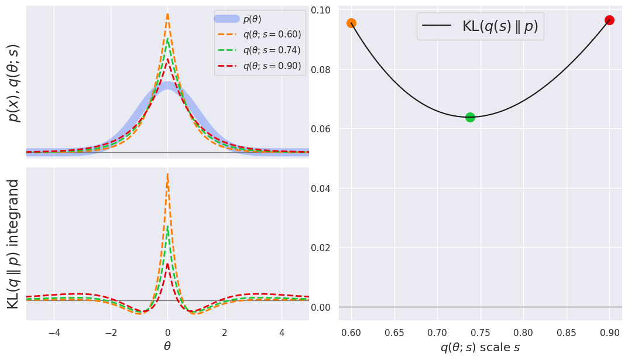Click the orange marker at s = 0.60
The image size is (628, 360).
click(x=351, y=23)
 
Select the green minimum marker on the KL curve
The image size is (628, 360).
click(x=470, y=117)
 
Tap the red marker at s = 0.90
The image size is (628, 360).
click(x=609, y=20)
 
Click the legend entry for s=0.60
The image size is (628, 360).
click(x=272, y=35)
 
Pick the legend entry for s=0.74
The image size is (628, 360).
click(x=272, y=50)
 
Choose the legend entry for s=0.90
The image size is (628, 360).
click(x=272, y=66)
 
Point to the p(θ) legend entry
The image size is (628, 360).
click(x=252, y=19)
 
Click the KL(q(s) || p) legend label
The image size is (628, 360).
click(x=500, y=26)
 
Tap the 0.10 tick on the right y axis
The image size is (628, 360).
click(x=321, y=10)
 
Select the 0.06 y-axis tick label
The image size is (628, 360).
click(x=321, y=129)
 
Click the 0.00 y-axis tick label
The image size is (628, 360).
click(x=321, y=307)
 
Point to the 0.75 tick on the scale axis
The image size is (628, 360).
click(x=437, y=332)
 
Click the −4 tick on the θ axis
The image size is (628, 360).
click(x=54, y=332)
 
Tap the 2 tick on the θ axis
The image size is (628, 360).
click(x=224, y=332)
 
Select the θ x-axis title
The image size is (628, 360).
click(x=167, y=346)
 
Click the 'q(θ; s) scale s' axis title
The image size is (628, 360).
click(x=480, y=347)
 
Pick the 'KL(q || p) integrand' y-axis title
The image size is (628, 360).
click(x=13, y=244)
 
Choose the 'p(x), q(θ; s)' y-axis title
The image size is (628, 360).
click(x=13, y=83)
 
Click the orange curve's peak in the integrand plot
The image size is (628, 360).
click(x=167, y=174)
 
